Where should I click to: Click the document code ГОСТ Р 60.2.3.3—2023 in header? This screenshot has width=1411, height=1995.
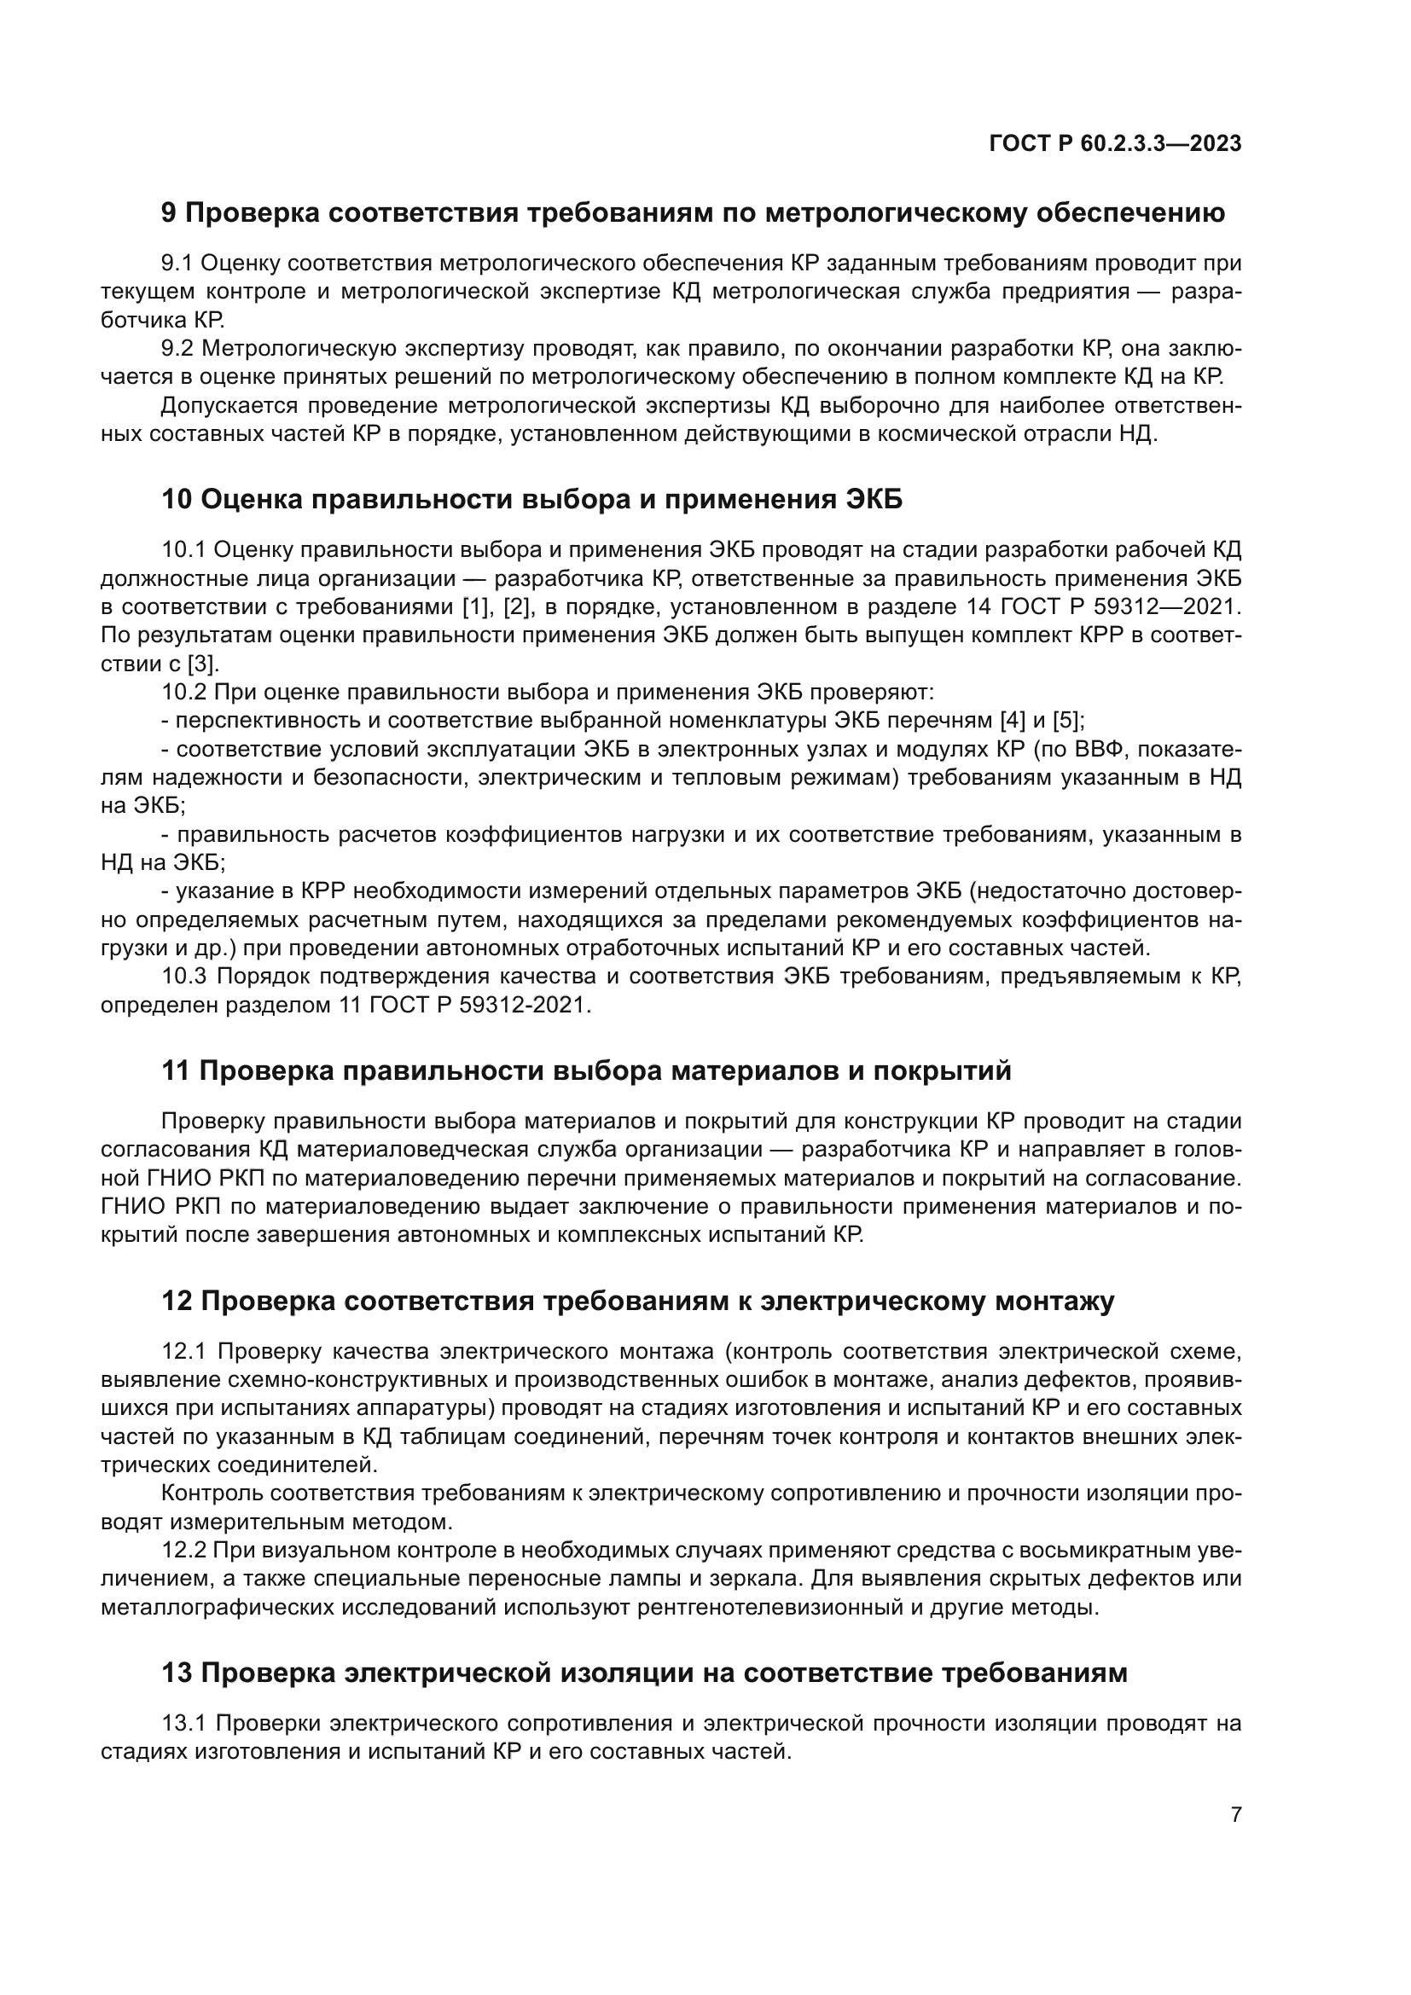tap(1115, 143)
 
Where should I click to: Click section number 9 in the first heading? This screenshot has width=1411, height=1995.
tap(170, 213)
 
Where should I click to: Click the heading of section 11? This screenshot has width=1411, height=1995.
tap(586, 1071)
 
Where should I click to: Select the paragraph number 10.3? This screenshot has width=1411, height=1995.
tap(184, 977)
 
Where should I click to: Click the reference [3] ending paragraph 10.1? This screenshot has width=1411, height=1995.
tap(203, 664)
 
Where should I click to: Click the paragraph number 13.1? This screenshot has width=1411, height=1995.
tap(184, 1722)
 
